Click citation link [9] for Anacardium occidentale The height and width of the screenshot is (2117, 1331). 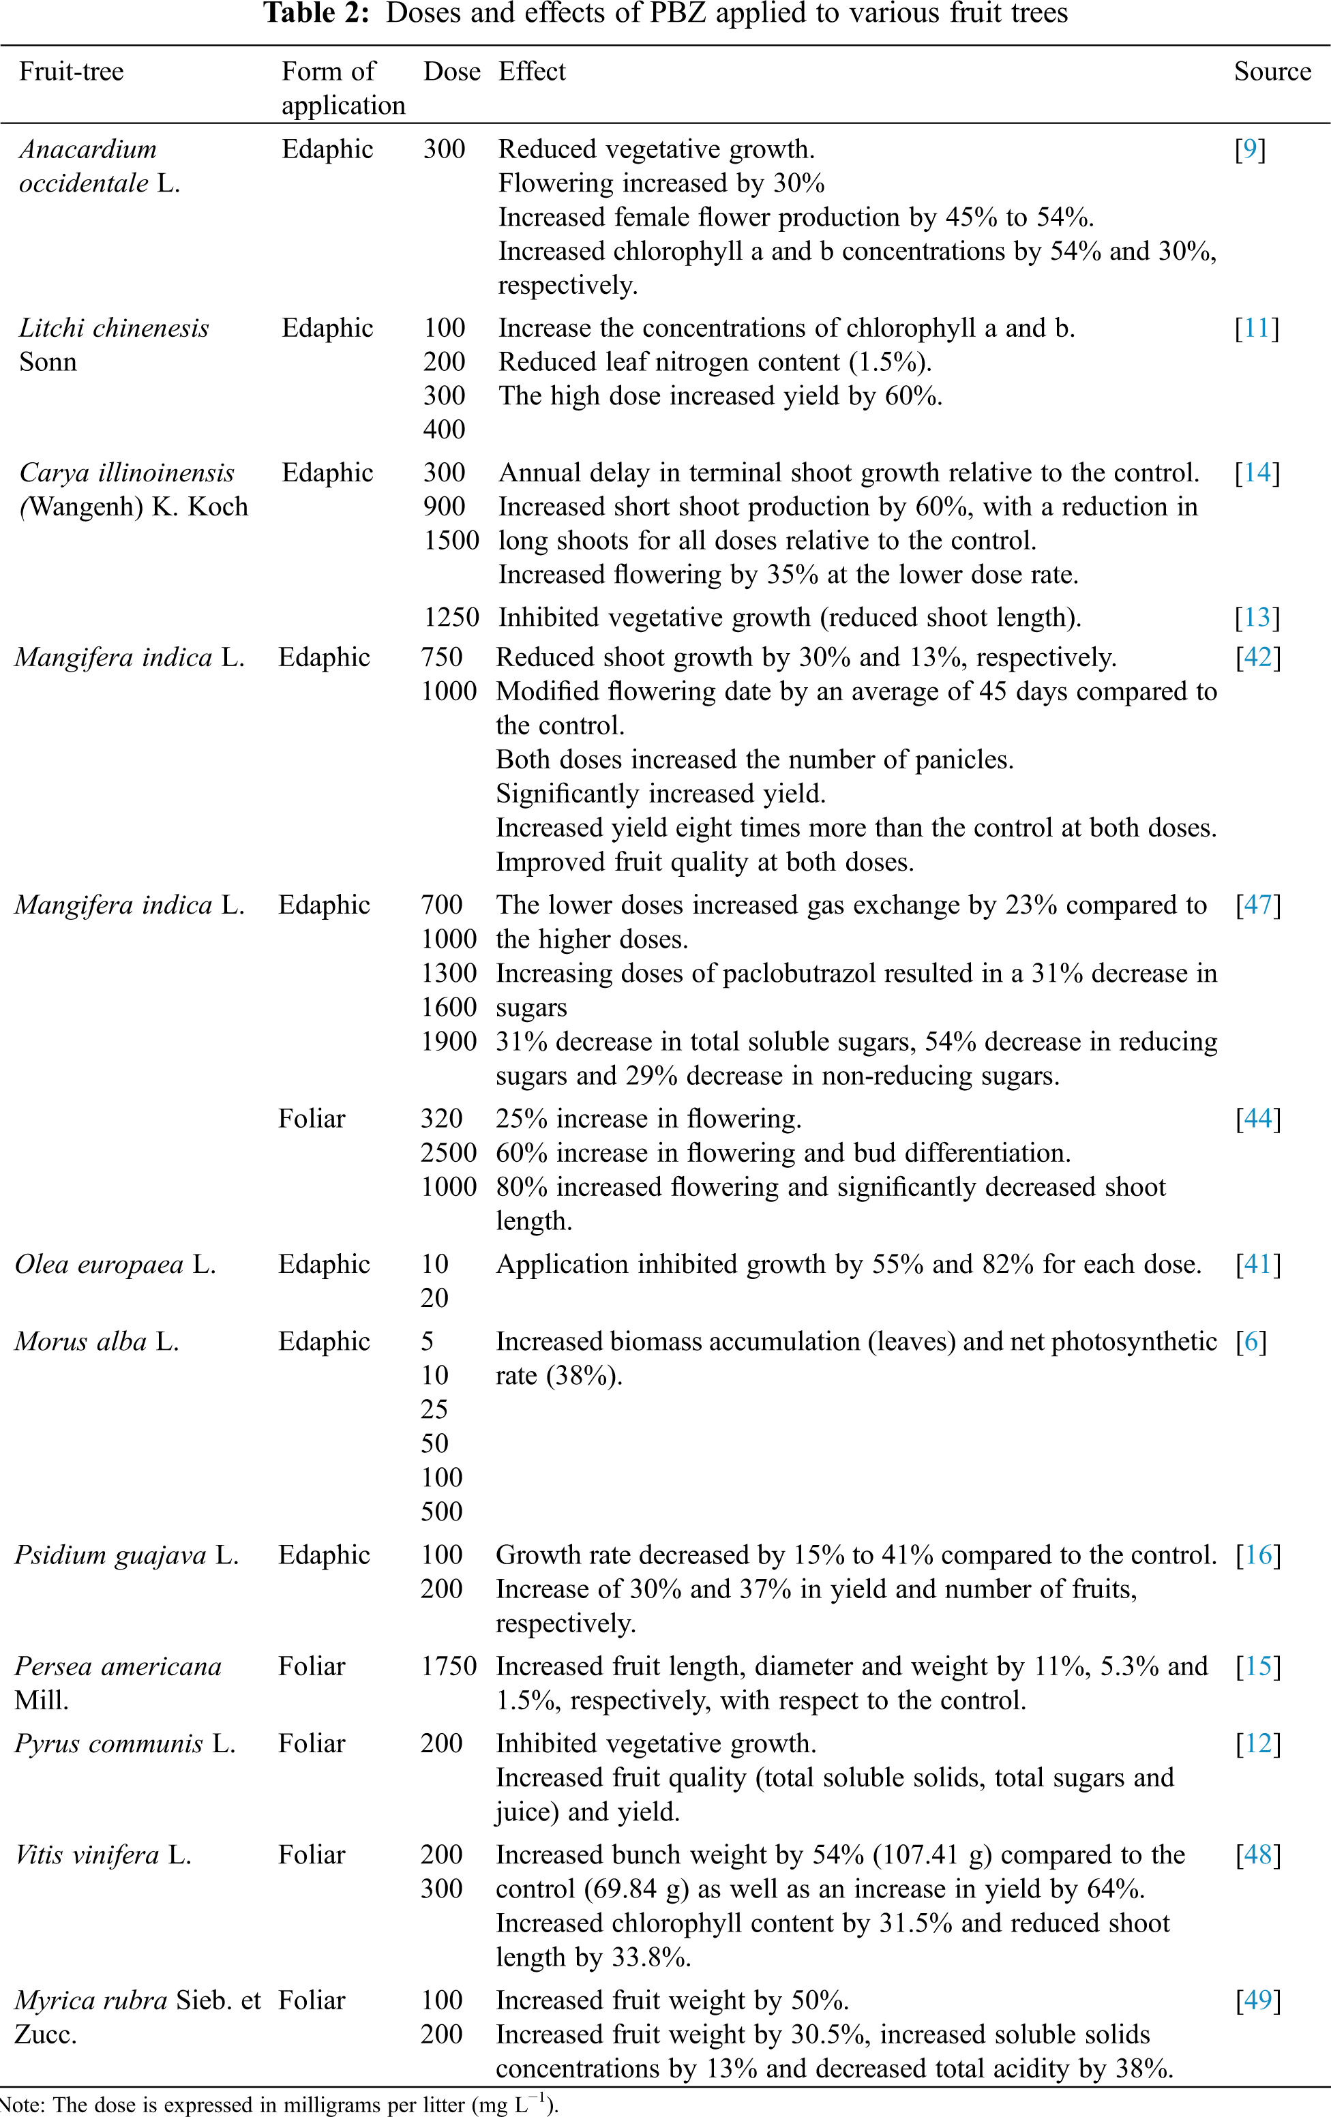click(1249, 149)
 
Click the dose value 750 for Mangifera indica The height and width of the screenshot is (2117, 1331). click(441, 658)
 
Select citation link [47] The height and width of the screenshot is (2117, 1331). click(1258, 905)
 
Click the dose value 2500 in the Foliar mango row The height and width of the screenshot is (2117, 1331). click(449, 1152)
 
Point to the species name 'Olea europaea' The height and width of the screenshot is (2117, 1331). click(100, 1264)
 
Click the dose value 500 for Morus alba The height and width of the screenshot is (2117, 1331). click(441, 1512)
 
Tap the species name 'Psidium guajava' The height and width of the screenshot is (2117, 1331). click(110, 1555)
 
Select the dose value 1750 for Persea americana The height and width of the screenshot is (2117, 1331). click(449, 1666)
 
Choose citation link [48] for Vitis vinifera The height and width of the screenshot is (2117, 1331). click(1258, 1855)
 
